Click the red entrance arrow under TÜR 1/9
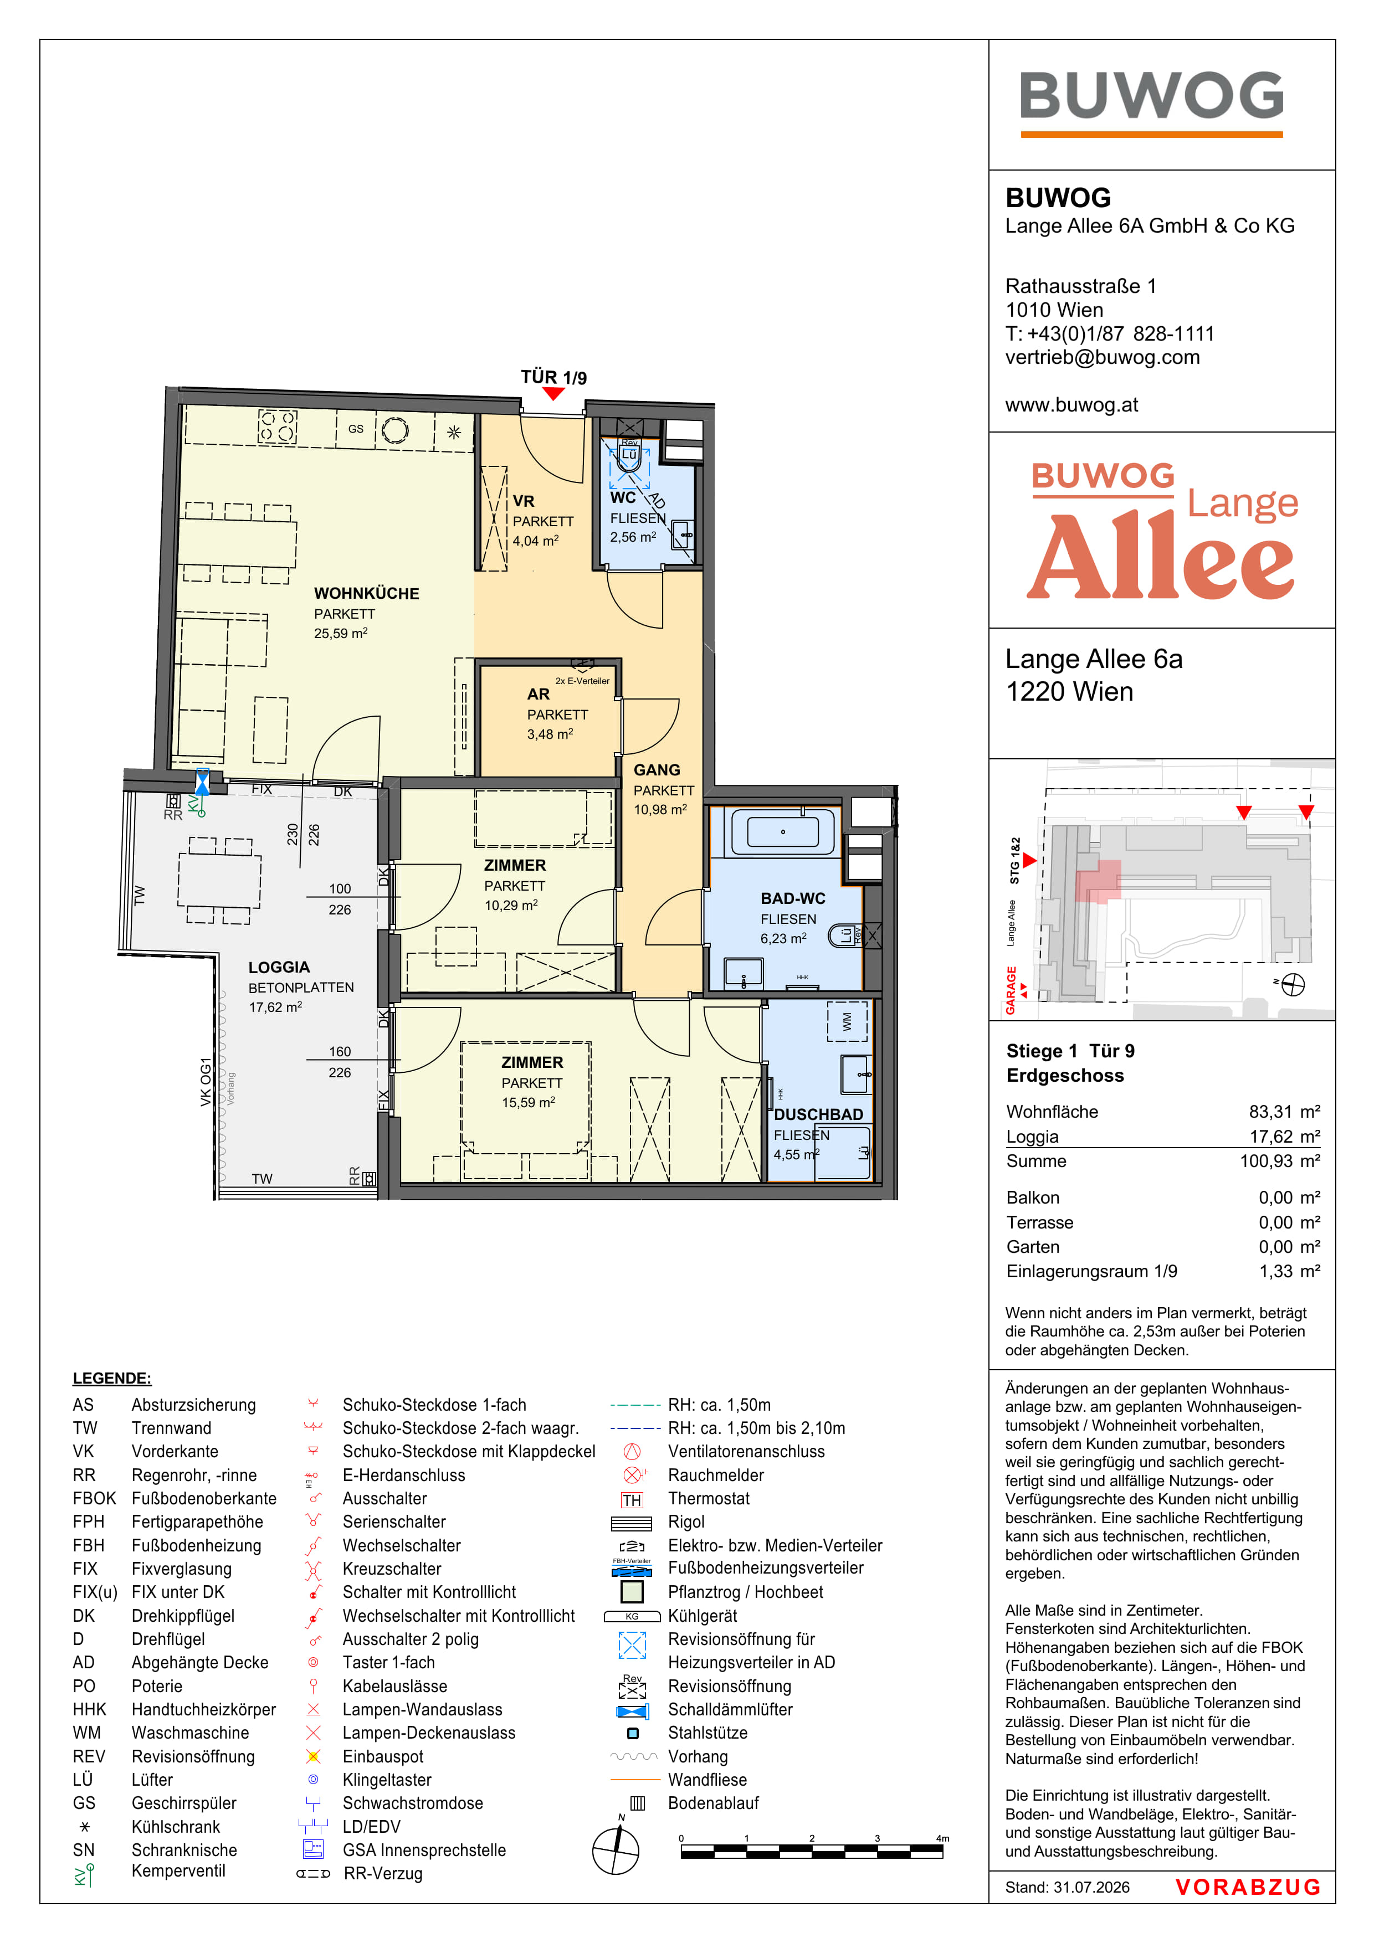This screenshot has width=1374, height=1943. tap(553, 393)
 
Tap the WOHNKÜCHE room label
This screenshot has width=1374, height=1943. tap(367, 593)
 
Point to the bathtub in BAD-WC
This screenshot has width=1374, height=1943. tap(783, 831)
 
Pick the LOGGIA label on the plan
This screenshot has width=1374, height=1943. tap(279, 967)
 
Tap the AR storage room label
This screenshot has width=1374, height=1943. tap(539, 694)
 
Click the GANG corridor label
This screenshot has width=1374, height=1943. tap(657, 770)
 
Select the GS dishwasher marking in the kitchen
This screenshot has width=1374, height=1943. tap(356, 429)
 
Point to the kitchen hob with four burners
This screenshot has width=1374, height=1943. tap(277, 426)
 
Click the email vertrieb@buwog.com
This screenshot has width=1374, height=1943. tap(1103, 357)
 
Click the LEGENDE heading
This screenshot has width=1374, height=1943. tap(112, 1379)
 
